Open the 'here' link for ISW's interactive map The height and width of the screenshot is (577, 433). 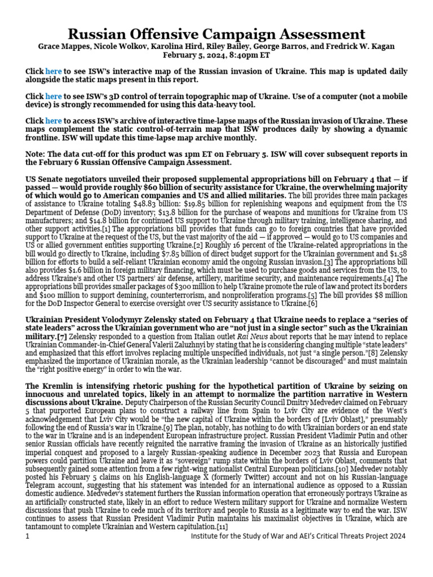[54, 72]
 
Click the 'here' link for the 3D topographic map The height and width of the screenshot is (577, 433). [54, 96]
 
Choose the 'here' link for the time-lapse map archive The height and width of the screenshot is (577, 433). [54, 121]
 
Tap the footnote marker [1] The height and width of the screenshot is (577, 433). [104, 229]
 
